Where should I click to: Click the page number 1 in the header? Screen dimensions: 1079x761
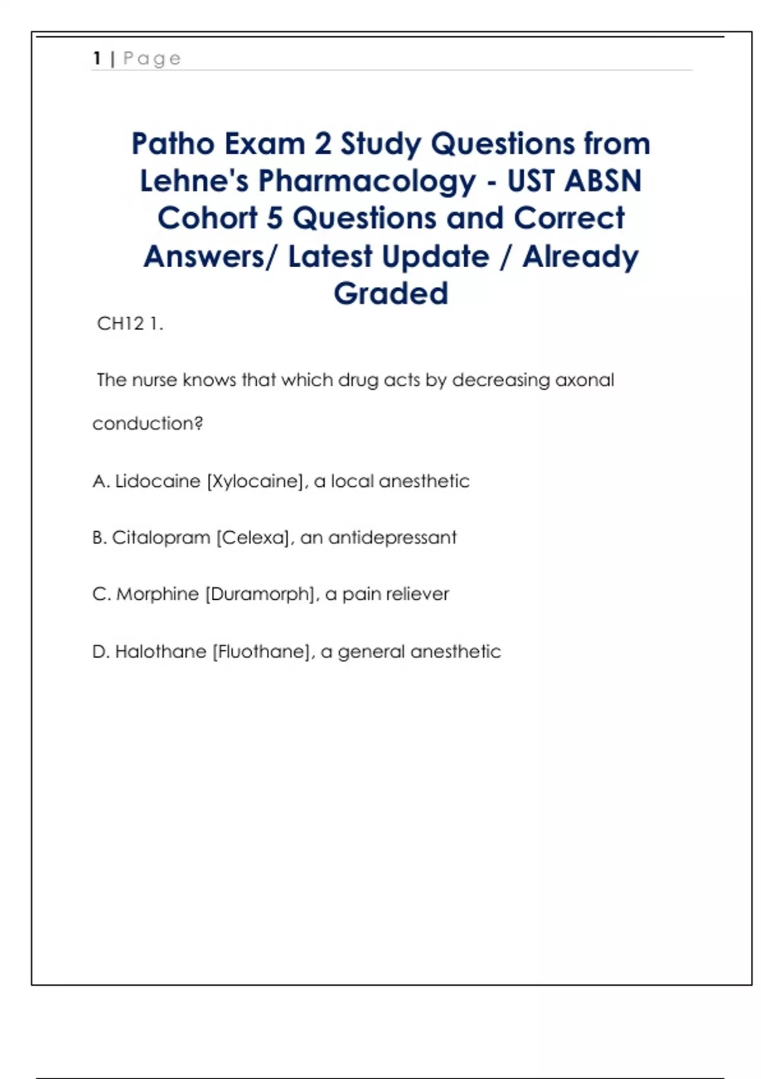point(97,58)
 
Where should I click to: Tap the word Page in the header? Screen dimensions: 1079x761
point(152,59)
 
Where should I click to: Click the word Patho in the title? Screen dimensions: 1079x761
point(173,143)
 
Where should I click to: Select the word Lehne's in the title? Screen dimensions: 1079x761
point(194,181)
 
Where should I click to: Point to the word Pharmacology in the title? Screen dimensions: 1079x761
point(367,182)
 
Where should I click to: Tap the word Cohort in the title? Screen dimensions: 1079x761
point(207,218)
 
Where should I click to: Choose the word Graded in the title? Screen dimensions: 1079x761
point(391,293)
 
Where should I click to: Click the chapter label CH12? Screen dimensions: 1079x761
point(120,324)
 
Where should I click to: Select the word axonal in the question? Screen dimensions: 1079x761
point(585,380)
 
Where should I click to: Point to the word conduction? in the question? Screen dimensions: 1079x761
point(148,423)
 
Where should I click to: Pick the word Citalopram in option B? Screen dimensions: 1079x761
point(161,538)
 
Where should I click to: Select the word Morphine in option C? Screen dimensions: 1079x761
point(157,594)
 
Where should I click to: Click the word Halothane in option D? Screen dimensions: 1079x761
point(160,651)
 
